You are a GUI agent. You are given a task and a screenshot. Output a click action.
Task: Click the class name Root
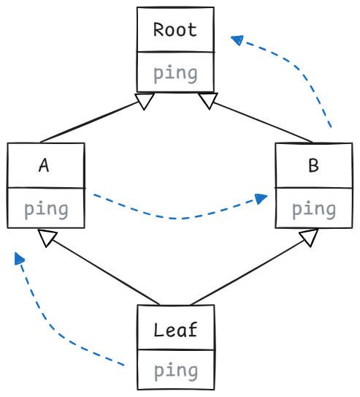tap(175, 30)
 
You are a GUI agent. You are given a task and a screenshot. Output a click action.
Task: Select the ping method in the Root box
tap(175, 75)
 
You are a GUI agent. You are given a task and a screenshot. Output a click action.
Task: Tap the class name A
tap(44, 165)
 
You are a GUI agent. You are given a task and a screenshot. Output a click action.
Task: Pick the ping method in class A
tap(46, 210)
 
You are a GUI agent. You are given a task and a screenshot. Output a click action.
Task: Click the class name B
tap(314, 165)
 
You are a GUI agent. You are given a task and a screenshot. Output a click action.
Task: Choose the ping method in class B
tap(314, 210)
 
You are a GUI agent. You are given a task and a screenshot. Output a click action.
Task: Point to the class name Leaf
tap(175, 330)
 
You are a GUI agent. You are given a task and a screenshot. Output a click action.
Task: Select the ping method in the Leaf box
tap(176, 371)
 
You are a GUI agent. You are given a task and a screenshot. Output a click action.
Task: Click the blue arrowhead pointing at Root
tap(237, 40)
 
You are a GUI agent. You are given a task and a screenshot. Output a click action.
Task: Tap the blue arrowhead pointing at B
tap(261, 199)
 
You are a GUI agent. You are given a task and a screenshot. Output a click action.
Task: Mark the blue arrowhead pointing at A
tap(19, 259)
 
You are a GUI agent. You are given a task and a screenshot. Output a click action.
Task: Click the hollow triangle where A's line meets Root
tap(145, 101)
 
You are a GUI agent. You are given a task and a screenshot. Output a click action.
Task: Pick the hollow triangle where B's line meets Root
tap(208, 101)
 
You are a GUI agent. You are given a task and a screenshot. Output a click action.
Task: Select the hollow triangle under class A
tap(47, 238)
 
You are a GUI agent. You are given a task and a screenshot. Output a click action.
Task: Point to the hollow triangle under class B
tap(309, 237)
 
